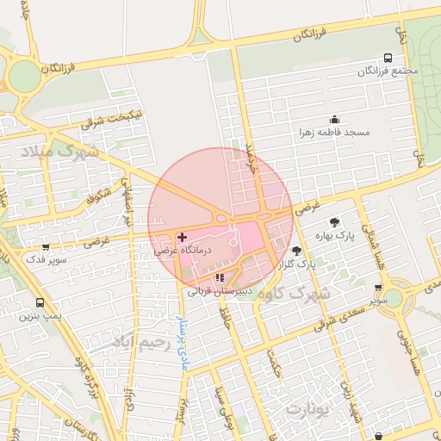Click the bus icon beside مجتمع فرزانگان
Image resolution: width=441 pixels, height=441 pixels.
[x=388, y=59]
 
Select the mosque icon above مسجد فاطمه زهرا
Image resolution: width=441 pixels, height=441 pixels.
[x=334, y=119]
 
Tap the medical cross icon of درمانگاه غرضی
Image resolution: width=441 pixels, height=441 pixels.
[x=182, y=236]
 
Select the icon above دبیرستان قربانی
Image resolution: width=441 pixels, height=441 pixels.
[x=220, y=277]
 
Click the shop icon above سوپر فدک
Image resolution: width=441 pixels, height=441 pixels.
[x=45, y=247]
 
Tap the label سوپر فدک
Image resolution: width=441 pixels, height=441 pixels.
[x=42, y=259]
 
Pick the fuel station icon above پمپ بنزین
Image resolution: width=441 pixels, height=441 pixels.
[x=40, y=302]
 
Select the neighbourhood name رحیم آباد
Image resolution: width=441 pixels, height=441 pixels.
[x=137, y=345]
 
